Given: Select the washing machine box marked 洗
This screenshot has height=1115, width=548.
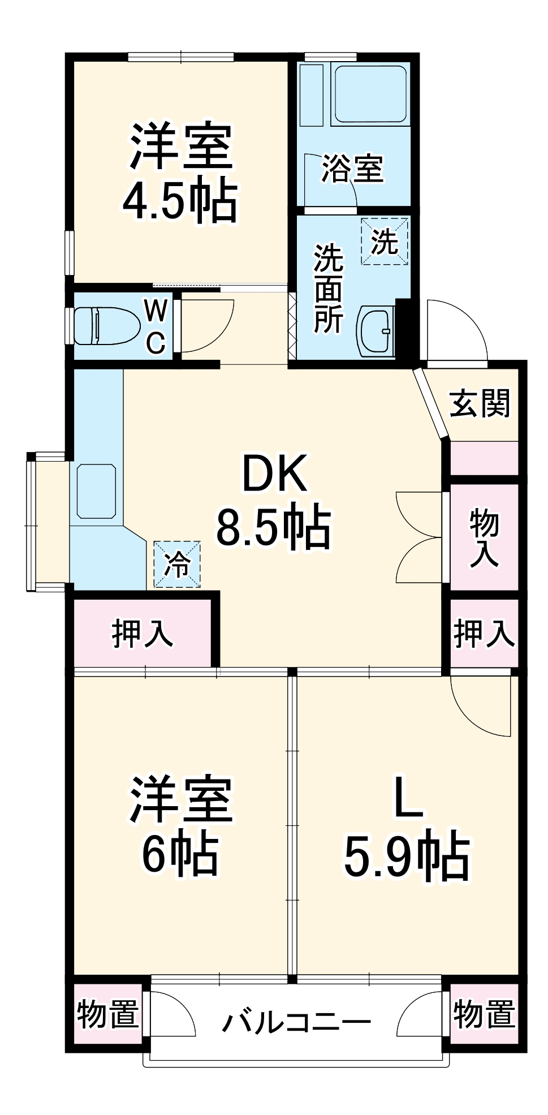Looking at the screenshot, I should [385, 242].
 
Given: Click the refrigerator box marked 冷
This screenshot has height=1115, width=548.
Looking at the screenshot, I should [177, 564].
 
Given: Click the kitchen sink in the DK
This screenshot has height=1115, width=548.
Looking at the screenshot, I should [96, 491].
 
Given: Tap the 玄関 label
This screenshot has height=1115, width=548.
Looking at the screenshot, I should [480, 403].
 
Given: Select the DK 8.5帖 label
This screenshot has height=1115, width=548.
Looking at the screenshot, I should [274, 503].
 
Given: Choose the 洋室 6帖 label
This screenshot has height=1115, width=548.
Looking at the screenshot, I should [180, 826].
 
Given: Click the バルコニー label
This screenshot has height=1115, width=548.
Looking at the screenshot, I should [296, 1022].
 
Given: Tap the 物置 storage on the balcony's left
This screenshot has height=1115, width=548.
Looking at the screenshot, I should [107, 1014].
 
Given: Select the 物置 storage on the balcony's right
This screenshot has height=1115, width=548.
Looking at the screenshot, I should [484, 1014].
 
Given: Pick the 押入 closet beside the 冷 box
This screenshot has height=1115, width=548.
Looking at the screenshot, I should [143, 632].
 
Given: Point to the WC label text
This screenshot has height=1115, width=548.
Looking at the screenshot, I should [156, 326].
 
